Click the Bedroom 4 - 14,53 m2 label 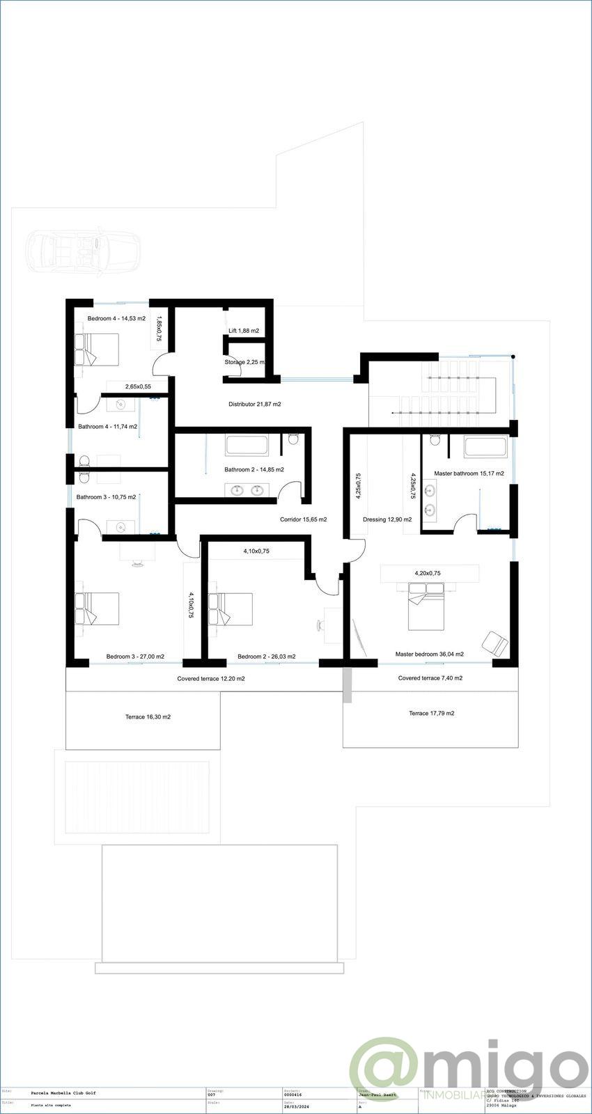(x=116, y=319)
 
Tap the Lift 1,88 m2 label (x=244, y=331)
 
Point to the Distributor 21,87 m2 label (x=255, y=405)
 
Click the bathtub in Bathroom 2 (x=247, y=445)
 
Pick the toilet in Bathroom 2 (x=293, y=439)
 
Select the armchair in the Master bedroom (x=495, y=643)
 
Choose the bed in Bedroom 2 (x=231, y=609)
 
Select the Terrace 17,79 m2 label (x=432, y=713)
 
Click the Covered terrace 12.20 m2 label (x=211, y=678)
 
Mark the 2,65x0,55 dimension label (x=138, y=386)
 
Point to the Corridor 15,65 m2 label (x=304, y=519)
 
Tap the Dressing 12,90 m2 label (x=387, y=519)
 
